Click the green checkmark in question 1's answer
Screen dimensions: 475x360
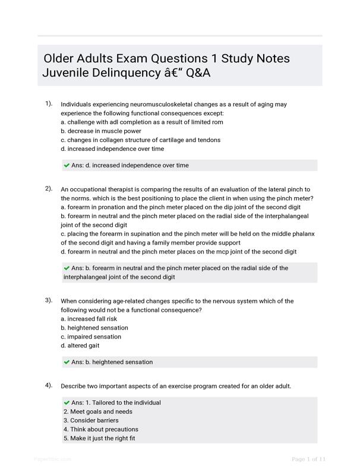tap(67, 166)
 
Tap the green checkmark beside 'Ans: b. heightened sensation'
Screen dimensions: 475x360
tap(67, 362)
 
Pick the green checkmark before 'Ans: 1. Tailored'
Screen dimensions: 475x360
tap(67, 403)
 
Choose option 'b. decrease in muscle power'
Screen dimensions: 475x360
tap(101, 131)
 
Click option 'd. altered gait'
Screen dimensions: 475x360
tap(80, 346)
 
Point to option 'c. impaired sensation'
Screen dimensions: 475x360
tap(90, 337)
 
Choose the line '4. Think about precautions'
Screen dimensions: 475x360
tap(101, 429)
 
